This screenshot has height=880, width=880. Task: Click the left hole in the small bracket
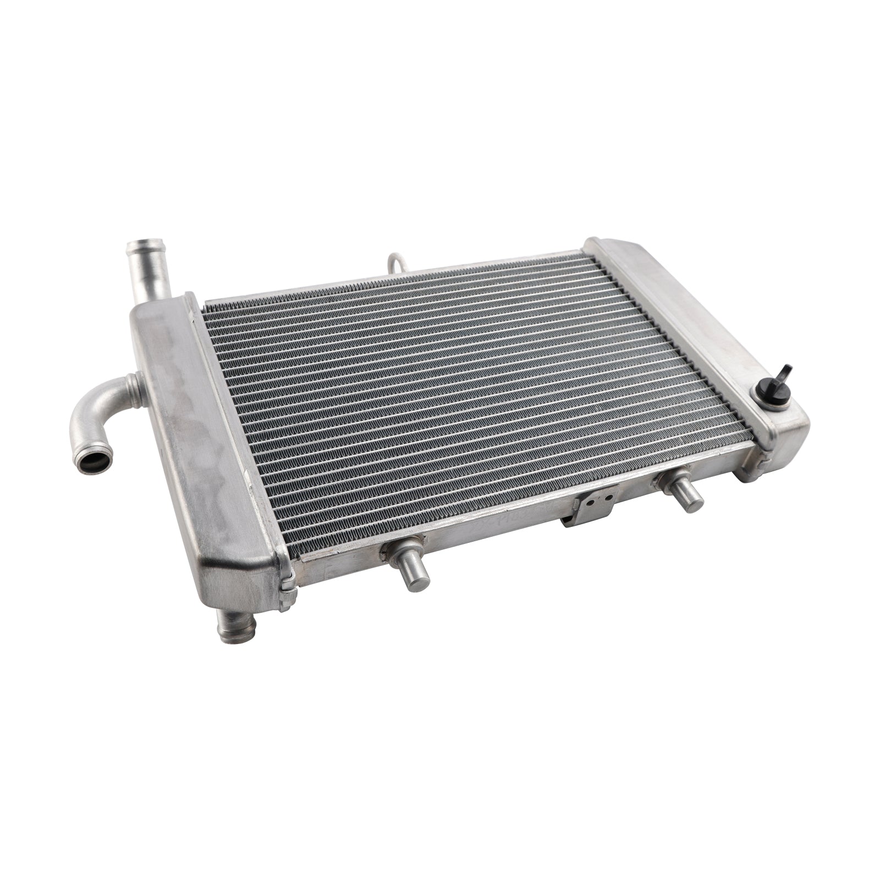click(590, 503)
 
